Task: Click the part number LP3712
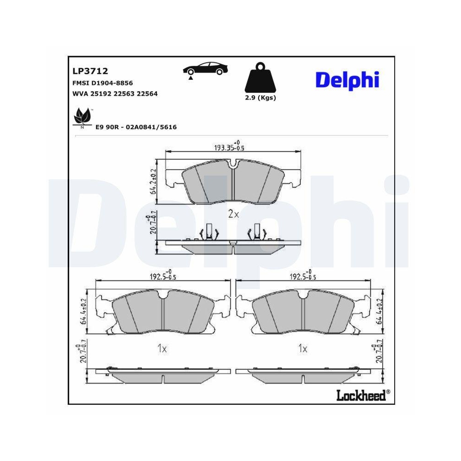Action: point(90,71)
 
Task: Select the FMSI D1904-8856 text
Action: point(102,83)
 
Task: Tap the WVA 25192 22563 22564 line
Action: point(115,94)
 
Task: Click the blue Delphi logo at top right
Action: point(347,80)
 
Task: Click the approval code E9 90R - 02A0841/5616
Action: point(136,127)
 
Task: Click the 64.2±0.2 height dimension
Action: point(153,183)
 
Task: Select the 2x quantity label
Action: point(233,214)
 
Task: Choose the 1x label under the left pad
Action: point(161,349)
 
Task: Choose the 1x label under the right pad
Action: point(302,349)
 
